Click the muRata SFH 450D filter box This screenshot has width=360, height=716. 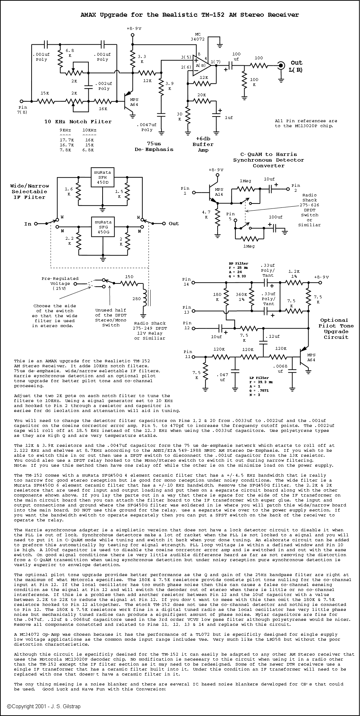[103, 177]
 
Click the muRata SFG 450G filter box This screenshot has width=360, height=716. [103, 226]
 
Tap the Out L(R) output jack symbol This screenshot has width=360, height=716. [281, 65]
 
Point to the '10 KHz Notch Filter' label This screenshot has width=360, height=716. [78, 121]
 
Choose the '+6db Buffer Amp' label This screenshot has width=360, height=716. [203, 144]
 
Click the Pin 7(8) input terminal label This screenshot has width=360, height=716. [23, 110]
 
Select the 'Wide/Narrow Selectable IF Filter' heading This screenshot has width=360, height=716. [30, 191]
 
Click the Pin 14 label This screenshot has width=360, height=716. [186, 282]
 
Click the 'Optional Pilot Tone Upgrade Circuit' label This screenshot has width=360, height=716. [333, 329]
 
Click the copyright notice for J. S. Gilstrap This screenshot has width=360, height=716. [44, 706]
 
